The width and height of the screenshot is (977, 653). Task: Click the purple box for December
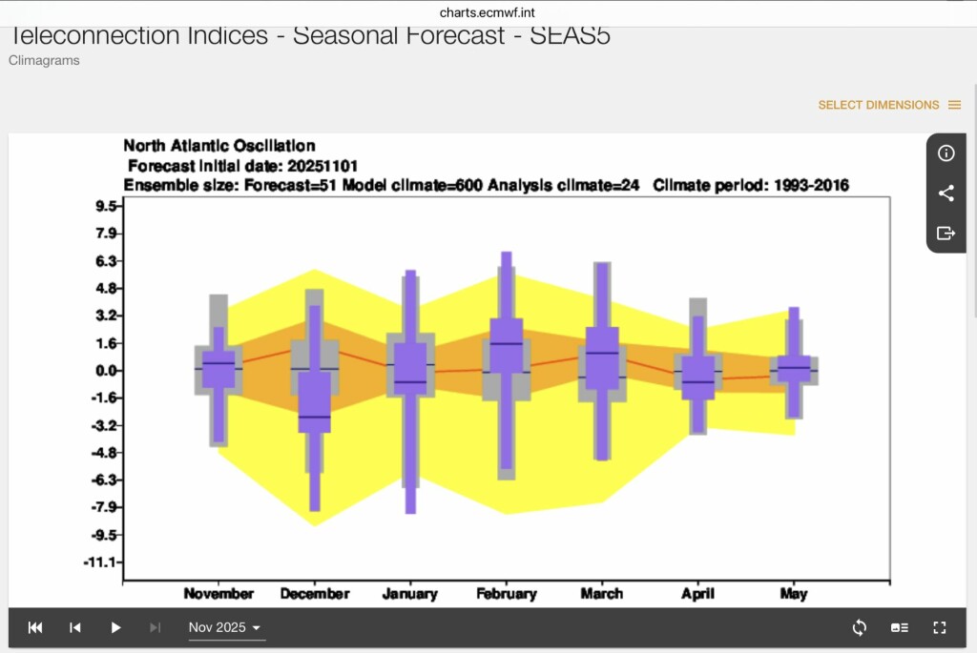(x=315, y=401)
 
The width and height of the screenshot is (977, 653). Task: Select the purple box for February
(x=506, y=345)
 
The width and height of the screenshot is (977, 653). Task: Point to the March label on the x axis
(x=601, y=594)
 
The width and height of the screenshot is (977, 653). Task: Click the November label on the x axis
(x=218, y=594)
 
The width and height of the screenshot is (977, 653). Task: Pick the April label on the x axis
(x=697, y=594)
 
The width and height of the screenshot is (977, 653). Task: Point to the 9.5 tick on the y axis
(x=106, y=206)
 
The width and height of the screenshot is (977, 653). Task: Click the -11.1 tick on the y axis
(x=100, y=562)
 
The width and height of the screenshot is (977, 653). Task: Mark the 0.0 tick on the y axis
(x=106, y=371)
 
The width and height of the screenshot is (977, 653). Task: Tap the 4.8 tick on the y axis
(x=106, y=288)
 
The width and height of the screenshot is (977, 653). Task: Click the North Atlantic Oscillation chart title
(x=219, y=146)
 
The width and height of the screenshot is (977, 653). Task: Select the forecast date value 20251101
(x=322, y=166)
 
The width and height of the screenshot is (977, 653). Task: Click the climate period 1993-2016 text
(x=751, y=186)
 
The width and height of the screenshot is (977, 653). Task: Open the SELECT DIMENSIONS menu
(x=889, y=105)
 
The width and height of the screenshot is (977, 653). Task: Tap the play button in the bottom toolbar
(x=115, y=627)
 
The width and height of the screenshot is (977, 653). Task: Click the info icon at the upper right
(x=946, y=153)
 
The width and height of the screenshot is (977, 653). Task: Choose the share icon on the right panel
(x=946, y=193)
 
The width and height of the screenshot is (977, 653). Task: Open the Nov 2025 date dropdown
(x=225, y=627)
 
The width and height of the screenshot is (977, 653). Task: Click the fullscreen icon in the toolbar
(x=940, y=627)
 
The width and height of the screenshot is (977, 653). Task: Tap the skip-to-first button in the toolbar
(x=35, y=627)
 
